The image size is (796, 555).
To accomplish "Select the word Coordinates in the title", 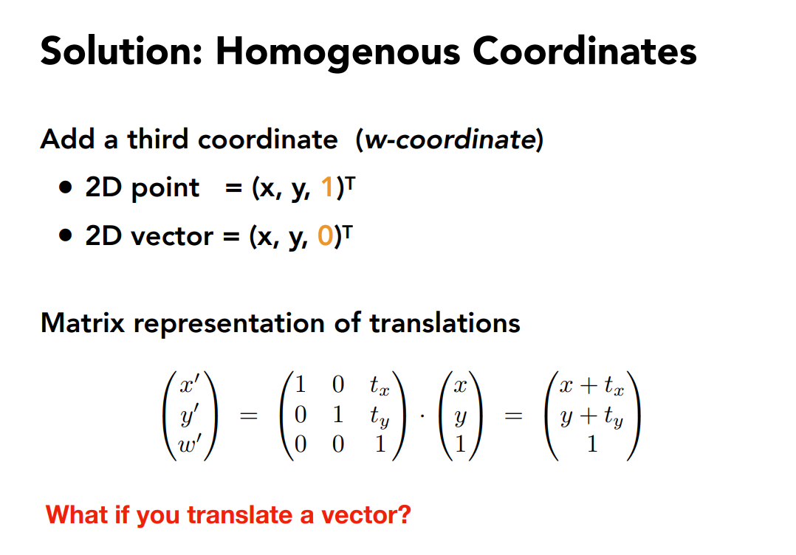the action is [584, 51].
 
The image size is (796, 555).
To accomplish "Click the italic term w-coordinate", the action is [450, 139].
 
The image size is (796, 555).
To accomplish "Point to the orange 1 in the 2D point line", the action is [327, 187].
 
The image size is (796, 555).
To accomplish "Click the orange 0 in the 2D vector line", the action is [326, 235].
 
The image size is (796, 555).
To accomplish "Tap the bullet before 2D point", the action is [66, 187].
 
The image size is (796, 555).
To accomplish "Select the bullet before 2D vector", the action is [66, 235].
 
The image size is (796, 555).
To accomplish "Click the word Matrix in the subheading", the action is [83, 323].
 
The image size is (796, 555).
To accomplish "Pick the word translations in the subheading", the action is [445, 323].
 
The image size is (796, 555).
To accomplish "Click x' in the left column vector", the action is [189, 385].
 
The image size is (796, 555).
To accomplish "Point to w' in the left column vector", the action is [189, 444].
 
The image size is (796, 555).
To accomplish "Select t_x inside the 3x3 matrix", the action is [380, 385].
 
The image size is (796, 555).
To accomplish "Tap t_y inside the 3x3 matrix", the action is [380, 416].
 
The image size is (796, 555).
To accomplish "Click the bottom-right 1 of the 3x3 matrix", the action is [380, 444].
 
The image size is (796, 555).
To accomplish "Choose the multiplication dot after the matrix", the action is [422, 417].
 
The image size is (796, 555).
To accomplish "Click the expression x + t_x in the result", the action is [591, 385].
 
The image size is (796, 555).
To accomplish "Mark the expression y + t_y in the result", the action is [591, 417].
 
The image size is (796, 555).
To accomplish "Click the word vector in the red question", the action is [366, 515].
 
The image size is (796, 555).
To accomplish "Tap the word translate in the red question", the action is [240, 515].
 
